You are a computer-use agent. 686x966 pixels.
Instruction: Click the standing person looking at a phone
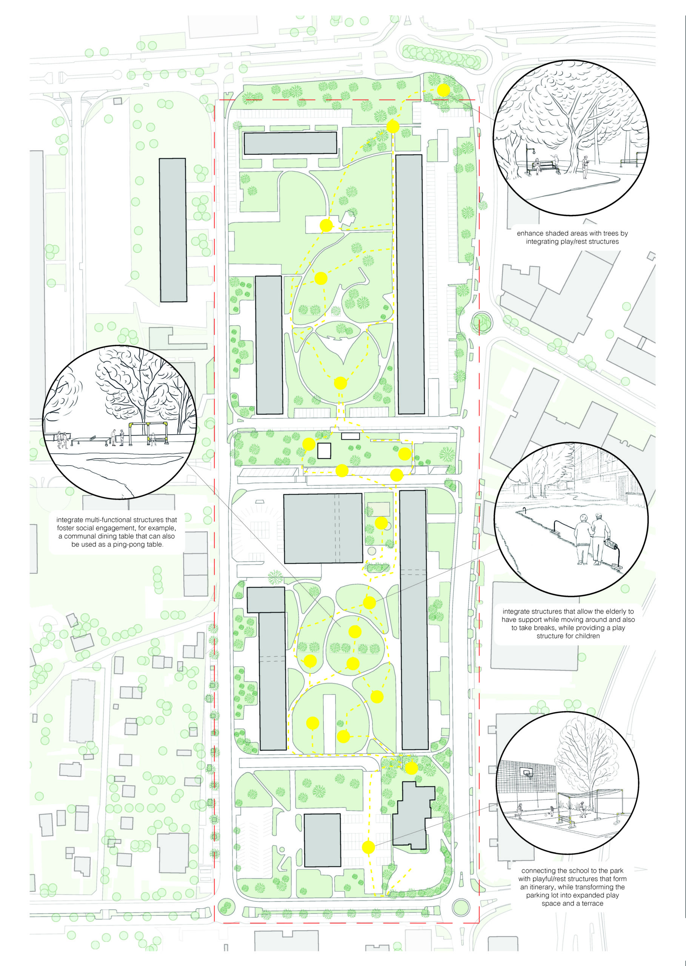[x=585, y=167]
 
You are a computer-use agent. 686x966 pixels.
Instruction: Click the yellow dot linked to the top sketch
[x=443, y=90]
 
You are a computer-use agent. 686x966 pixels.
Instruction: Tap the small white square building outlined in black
[x=324, y=451]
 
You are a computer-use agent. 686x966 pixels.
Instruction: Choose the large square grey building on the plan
[x=323, y=528]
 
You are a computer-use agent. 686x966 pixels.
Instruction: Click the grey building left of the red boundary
[x=173, y=230]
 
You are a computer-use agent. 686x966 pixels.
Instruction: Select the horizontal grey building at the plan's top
[x=290, y=143]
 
